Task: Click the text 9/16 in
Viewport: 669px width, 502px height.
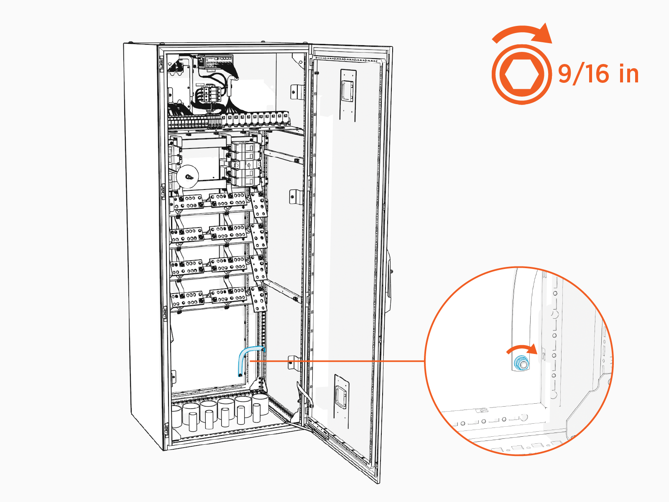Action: (598, 74)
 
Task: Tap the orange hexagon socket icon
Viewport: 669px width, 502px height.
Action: (521, 74)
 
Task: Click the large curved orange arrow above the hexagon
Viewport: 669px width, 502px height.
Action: (523, 33)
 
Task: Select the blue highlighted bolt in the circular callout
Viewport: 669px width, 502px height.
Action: (521, 363)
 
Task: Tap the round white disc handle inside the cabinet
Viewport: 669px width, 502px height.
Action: (187, 176)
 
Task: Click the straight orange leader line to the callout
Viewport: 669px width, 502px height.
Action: (334, 361)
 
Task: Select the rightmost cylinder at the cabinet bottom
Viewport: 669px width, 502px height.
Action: (260, 406)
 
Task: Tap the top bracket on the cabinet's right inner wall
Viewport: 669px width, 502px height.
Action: (296, 92)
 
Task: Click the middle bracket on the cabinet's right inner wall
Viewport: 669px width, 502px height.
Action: (295, 196)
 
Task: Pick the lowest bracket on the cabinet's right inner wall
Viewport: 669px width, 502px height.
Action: (294, 362)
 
